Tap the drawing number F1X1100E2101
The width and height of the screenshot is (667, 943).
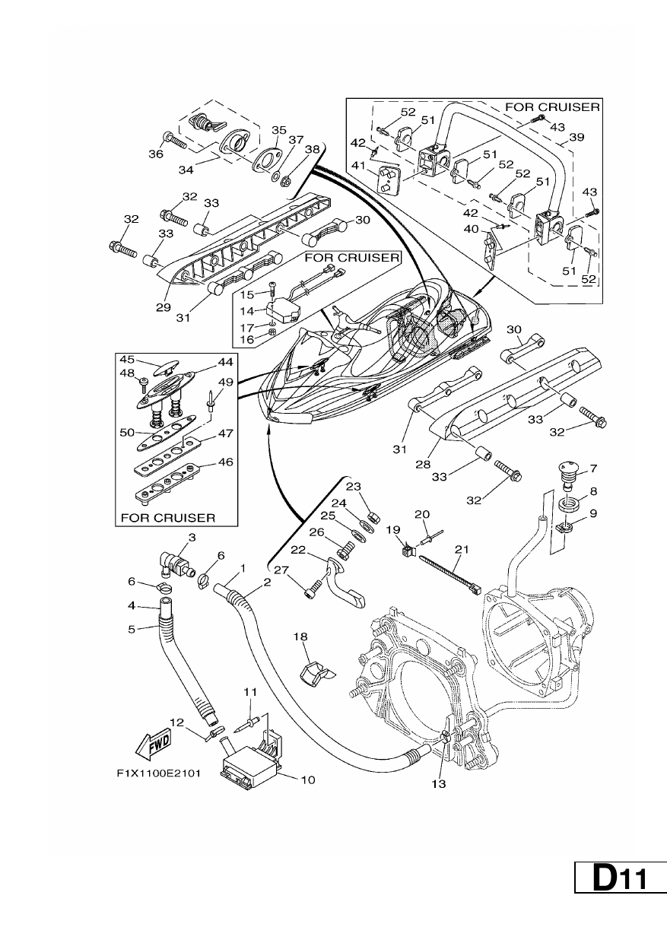point(158,773)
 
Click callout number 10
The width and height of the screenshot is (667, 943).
point(308,779)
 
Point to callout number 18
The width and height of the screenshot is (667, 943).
point(300,637)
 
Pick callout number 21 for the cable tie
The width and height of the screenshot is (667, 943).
point(462,549)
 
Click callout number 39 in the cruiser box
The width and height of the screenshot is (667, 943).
point(577,137)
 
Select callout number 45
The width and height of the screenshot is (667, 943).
point(127,360)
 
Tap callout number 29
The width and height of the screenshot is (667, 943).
point(164,307)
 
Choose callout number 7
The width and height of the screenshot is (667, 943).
point(593,468)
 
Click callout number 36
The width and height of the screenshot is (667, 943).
point(156,154)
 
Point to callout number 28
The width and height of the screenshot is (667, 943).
point(423,464)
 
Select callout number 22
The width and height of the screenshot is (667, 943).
point(298,551)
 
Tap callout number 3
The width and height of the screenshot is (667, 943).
point(192,538)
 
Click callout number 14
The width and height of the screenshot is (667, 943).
point(247,311)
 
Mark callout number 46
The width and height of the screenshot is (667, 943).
point(225,462)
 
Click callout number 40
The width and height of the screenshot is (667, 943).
point(472,229)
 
